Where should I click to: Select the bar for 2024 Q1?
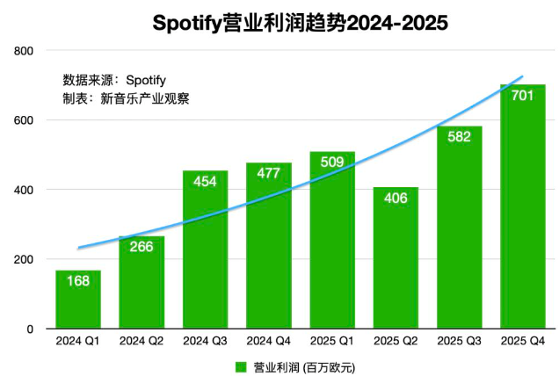tap(78, 300)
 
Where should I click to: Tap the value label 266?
tap(142, 247)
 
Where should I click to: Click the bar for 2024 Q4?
tap(268, 246)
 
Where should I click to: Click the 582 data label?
tap(460, 137)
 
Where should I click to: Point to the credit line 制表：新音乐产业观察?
tap(126, 98)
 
